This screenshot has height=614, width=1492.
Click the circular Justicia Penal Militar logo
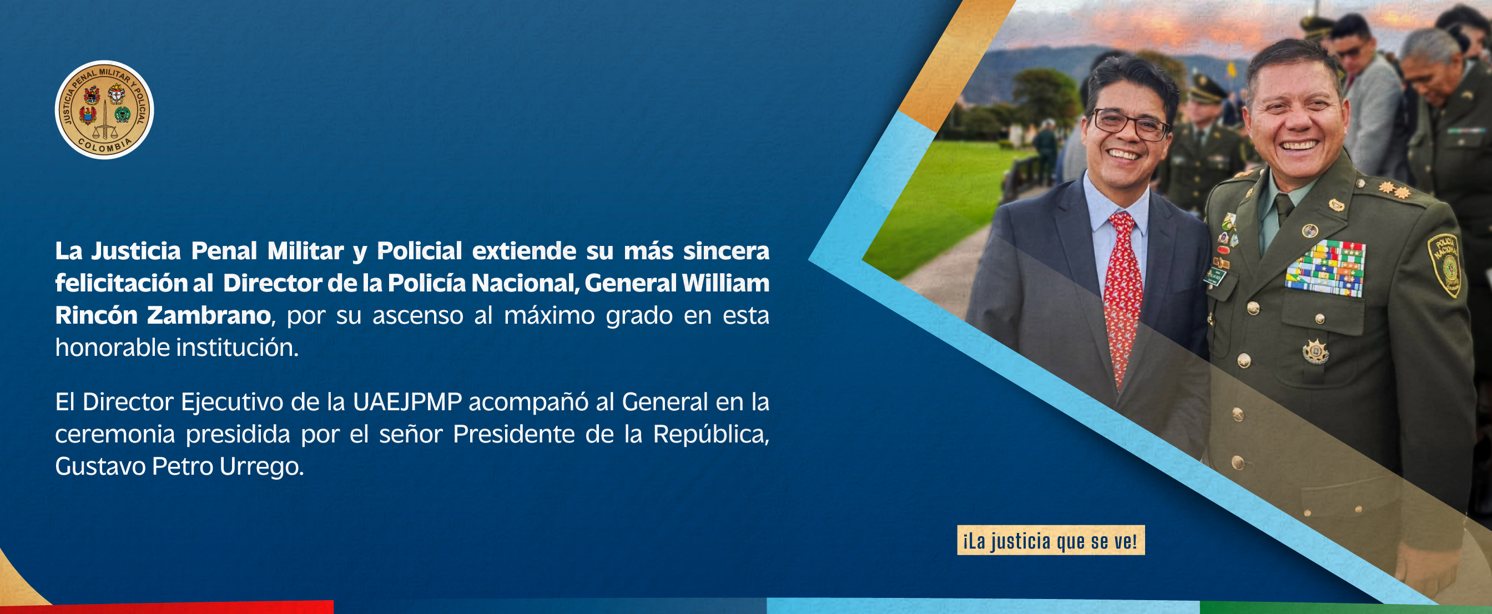(x=104, y=109)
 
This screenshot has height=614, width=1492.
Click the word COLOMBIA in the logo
(x=105, y=146)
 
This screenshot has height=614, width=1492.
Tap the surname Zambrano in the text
(x=209, y=316)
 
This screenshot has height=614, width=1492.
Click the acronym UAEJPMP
(x=407, y=402)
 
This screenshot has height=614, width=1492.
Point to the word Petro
(x=182, y=466)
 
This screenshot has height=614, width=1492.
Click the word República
(x=711, y=435)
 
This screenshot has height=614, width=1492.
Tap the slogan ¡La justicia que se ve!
(x=1051, y=540)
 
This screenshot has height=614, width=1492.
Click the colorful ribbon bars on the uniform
(x=1325, y=269)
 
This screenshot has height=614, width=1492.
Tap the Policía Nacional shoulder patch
(x=1444, y=265)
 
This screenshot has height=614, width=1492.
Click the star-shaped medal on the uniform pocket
(x=1315, y=351)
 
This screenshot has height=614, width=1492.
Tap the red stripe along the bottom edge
(x=167, y=608)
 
